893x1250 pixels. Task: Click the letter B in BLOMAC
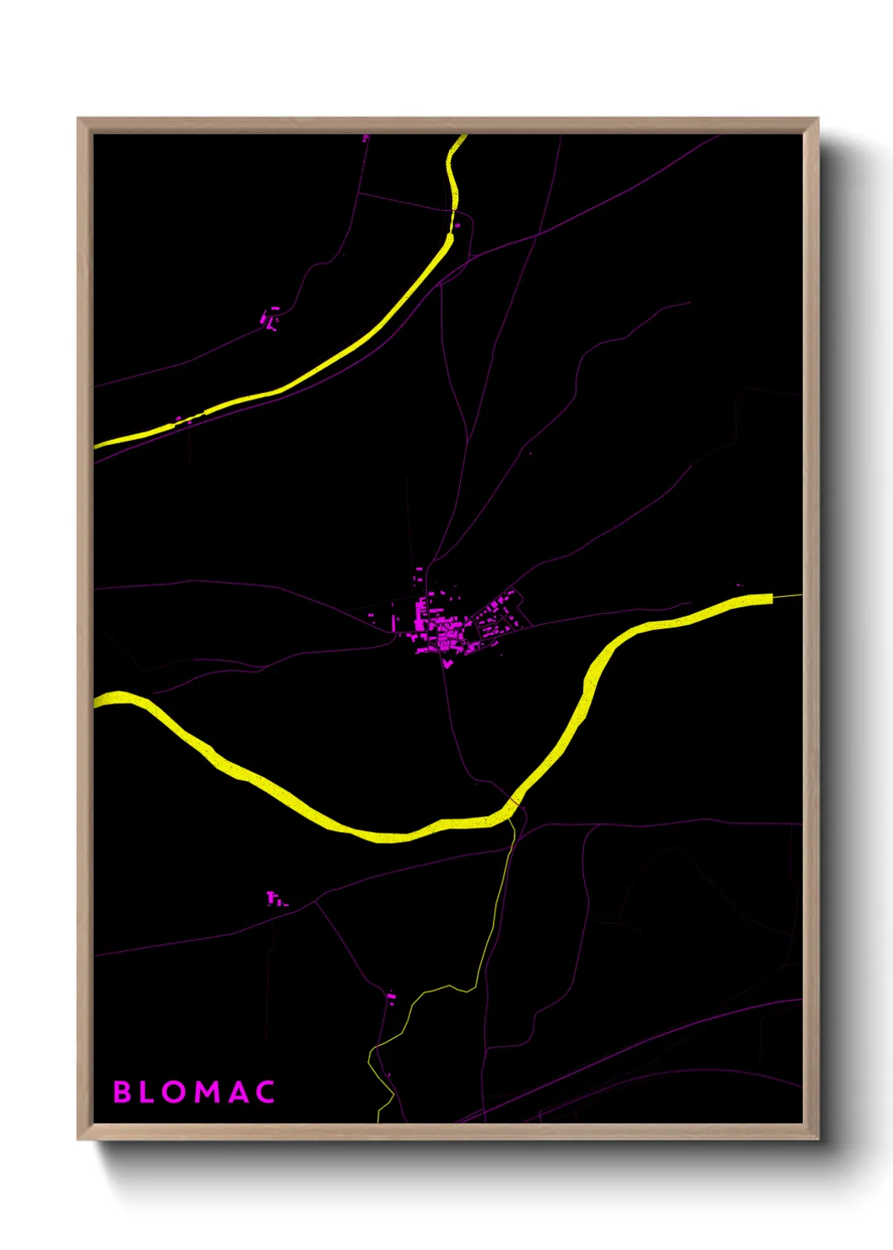point(122,1092)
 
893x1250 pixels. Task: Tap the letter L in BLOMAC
point(152,1092)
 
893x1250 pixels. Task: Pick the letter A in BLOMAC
point(239,1092)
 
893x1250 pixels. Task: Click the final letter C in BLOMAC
point(266,1092)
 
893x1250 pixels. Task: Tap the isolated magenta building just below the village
point(447,664)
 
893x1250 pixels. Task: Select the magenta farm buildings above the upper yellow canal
point(269,319)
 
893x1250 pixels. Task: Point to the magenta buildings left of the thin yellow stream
point(274,899)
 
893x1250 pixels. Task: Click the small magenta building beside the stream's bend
point(391,997)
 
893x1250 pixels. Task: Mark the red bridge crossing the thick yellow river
point(513,799)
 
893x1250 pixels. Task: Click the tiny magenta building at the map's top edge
point(365,137)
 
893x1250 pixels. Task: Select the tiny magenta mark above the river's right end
point(739,584)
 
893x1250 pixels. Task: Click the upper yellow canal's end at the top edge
point(462,138)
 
